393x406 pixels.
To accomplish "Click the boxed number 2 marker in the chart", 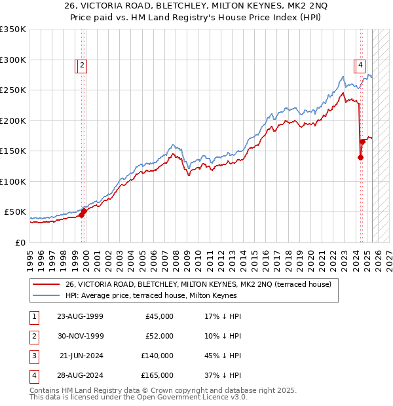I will coord(82,65).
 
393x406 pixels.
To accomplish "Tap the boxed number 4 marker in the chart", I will coord(360,65).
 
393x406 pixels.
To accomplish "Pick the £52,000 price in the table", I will coord(159,336).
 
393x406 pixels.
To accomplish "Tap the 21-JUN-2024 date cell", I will coord(81,356).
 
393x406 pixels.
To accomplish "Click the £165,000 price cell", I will coord(157,375).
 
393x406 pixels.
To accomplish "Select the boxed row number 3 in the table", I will coord(33,356).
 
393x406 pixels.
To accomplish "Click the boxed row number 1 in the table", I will coord(33,316).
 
